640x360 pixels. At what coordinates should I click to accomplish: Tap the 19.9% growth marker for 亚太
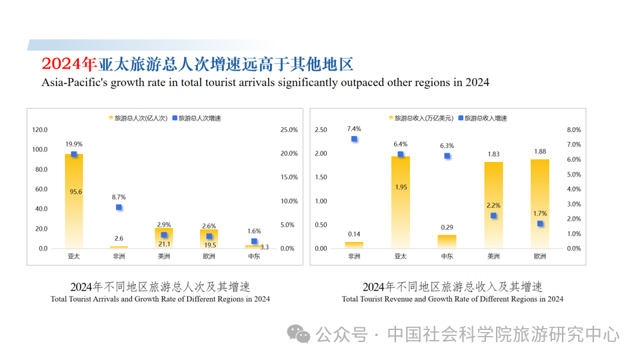(x=74, y=155)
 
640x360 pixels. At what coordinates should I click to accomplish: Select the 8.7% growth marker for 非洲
(x=119, y=207)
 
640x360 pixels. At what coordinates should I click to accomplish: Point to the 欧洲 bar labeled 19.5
(x=209, y=239)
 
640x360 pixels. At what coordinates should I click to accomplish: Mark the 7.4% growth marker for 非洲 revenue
(x=354, y=139)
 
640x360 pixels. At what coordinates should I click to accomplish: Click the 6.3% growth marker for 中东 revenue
(x=447, y=156)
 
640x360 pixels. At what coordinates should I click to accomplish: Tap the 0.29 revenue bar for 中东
(x=447, y=241)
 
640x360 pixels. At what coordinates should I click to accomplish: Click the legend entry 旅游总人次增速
(x=197, y=118)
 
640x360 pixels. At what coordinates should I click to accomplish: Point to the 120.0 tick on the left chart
(x=40, y=130)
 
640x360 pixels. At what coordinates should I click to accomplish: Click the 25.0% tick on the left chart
(x=289, y=130)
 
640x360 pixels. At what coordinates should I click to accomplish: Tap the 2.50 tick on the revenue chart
(x=321, y=130)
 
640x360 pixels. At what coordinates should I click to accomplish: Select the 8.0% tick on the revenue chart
(x=573, y=130)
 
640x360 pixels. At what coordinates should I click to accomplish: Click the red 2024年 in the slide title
(x=69, y=65)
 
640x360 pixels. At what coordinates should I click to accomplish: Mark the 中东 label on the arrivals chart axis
(x=255, y=256)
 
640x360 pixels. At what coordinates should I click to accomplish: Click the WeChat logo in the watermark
(x=299, y=333)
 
